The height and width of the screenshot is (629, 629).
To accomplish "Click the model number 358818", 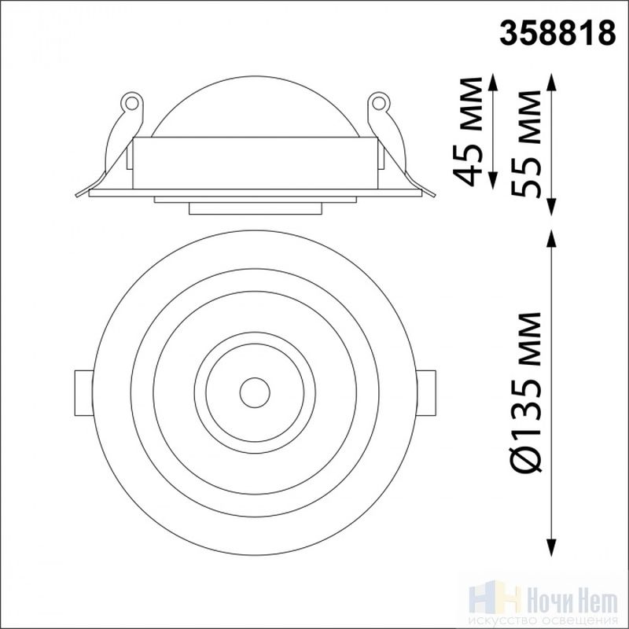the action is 557,32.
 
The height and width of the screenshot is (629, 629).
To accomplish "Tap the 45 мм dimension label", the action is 467,131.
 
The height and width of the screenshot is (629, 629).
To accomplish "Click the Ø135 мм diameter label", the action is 526,391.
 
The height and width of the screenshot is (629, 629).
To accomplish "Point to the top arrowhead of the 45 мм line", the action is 494,83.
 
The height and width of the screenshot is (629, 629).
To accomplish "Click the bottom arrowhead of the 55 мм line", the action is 553,206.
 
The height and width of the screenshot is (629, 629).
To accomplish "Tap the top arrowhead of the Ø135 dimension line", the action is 553,240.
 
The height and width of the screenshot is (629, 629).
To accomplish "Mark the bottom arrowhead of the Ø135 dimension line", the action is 553,546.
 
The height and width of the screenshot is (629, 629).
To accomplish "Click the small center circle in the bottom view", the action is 255,392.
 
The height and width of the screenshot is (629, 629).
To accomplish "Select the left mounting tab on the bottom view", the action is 84,393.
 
